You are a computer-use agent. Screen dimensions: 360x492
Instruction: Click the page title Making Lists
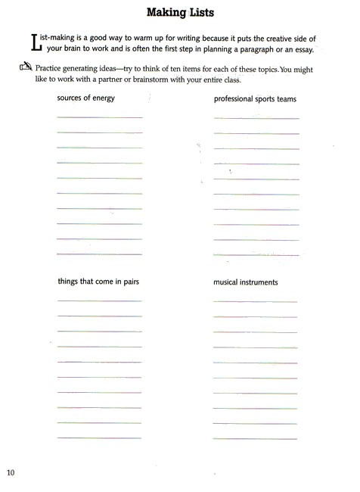coord(180,13)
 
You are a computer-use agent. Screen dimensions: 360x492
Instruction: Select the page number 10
coord(11,473)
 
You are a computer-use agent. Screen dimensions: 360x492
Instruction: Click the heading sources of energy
coord(85,98)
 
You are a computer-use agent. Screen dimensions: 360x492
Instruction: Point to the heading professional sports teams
coord(255,99)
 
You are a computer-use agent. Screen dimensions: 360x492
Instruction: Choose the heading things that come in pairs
coord(98,282)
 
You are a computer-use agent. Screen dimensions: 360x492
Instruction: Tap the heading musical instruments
coord(246,282)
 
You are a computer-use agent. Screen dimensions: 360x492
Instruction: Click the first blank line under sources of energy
coord(99,117)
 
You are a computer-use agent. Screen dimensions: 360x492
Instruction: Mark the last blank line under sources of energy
coord(99,254)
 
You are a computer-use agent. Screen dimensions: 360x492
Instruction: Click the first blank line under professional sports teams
coord(256,118)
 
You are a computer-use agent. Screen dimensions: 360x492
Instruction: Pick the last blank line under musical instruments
coord(255,438)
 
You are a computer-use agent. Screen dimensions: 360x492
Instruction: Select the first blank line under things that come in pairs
coord(99,301)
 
